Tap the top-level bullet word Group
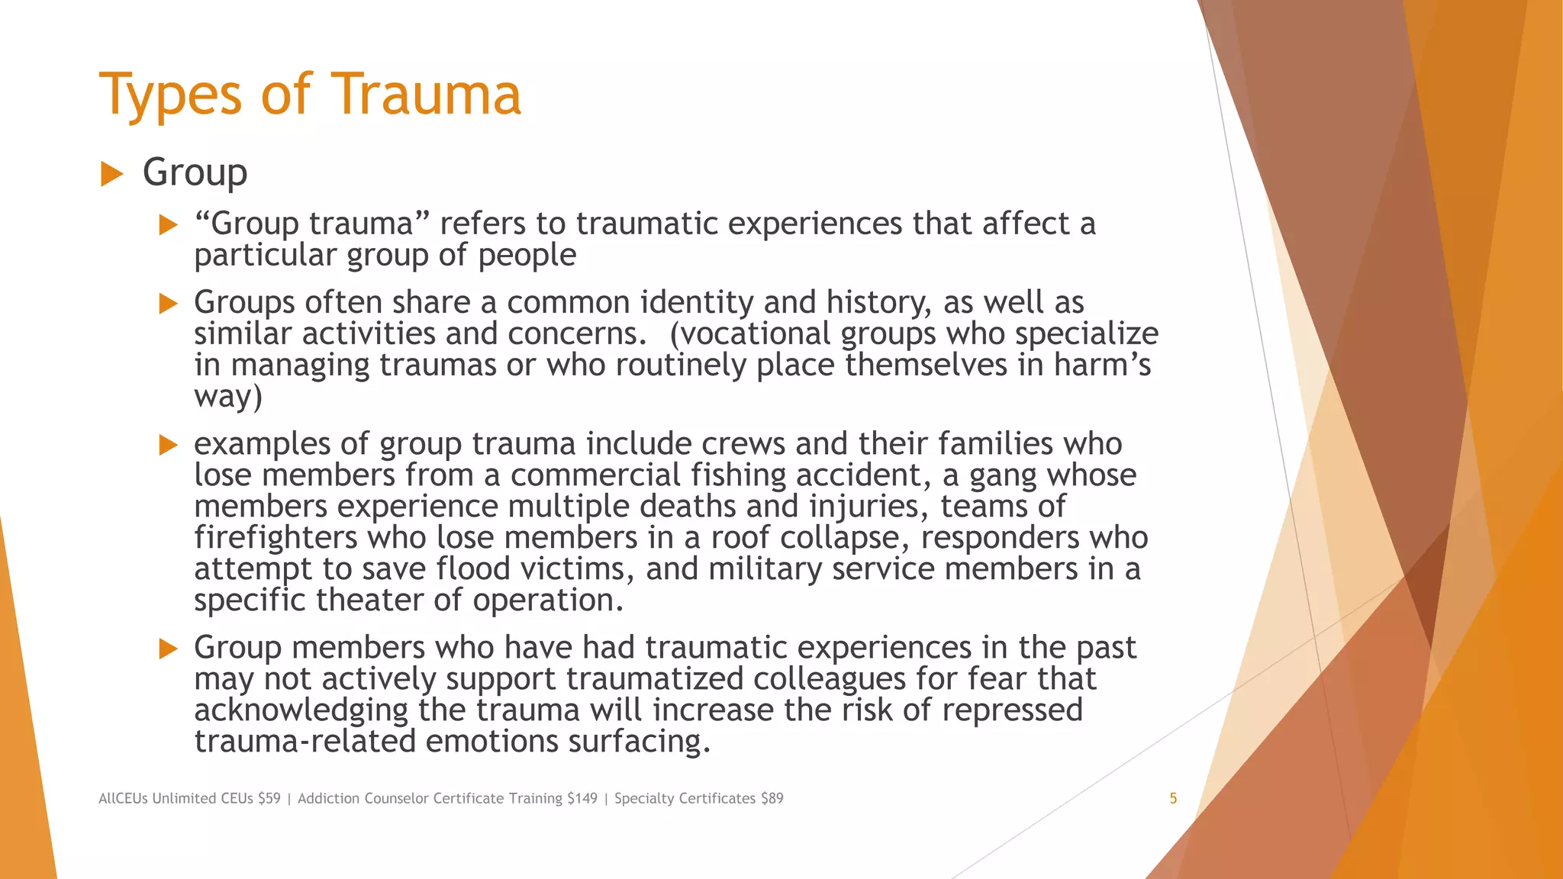(195, 173)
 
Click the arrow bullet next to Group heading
(111, 174)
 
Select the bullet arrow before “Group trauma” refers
(168, 225)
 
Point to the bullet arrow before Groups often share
(168, 304)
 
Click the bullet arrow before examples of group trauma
(168, 445)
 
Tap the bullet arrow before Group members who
(168, 649)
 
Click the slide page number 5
(1173, 798)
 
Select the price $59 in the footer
(269, 798)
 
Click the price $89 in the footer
(772, 798)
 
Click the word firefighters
(276, 537)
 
